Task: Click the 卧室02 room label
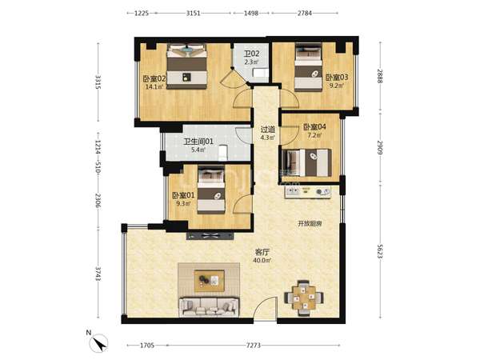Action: [154, 78]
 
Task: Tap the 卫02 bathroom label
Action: [251, 54]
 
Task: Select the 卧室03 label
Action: [337, 77]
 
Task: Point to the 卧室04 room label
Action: [314, 126]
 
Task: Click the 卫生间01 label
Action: [198, 142]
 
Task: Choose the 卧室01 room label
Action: [183, 195]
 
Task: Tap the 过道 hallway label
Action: [268, 130]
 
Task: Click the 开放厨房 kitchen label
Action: [310, 224]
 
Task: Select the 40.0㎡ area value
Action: [262, 261]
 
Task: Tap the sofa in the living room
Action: [209, 306]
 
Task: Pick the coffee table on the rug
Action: [210, 281]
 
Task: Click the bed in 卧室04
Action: [306, 162]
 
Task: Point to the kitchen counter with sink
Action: [308, 192]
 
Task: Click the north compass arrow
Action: [100, 344]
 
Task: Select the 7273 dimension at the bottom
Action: [254, 346]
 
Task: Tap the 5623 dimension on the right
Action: [380, 251]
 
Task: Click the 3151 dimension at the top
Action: [193, 13]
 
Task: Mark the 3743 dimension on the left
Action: [98, 274]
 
